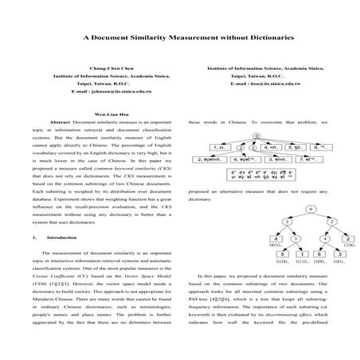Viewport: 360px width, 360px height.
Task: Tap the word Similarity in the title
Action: (159, 37)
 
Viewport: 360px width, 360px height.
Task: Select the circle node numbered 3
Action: (294, 238)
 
